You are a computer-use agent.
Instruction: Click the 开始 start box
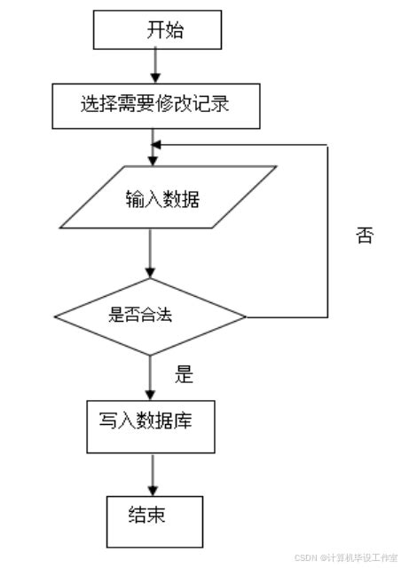(155, 31)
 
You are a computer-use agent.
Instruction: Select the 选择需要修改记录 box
(156, 105)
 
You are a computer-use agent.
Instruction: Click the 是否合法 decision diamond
(151, 314)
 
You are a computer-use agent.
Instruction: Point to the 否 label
(364, 236)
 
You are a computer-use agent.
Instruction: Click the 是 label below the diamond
(184, 374)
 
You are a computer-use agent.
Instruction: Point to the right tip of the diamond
(245, 316)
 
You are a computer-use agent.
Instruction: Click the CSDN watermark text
(346, 557)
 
